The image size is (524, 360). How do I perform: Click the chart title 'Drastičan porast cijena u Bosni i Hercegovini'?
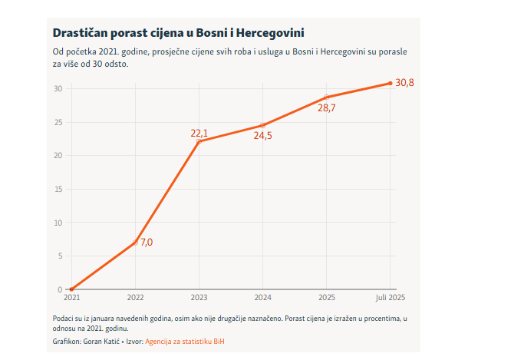[x=178, y=34]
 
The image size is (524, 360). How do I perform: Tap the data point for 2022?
[x=135, y=243]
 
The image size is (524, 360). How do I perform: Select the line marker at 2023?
[x=199, y=141]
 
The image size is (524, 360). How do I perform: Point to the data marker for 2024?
[x=262, y=125]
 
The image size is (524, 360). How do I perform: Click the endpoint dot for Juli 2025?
[x=390, y=83]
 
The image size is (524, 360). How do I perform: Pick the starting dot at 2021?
[x=71, y=289]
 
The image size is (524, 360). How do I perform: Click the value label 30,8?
[x=404, y=83]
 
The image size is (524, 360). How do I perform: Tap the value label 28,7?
[x=326, y=108]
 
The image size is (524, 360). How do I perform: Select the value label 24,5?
[x=262, y=136]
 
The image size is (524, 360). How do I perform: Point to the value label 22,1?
[x=199, y=133]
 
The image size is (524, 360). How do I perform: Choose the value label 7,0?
[x=147, y=243]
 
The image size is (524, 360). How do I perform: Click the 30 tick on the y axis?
[x=58, y=88]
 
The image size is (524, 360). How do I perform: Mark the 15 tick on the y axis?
[x=58, y=189]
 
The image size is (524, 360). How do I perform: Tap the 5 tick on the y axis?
[x=60, y=256]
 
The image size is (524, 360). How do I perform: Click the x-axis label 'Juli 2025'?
[x=390, y=298]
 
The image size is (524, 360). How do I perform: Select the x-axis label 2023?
[x=199, y=298]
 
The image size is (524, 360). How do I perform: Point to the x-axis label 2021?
[x=71, y=298]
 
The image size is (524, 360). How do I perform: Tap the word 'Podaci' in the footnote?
[x=64, y=318]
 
